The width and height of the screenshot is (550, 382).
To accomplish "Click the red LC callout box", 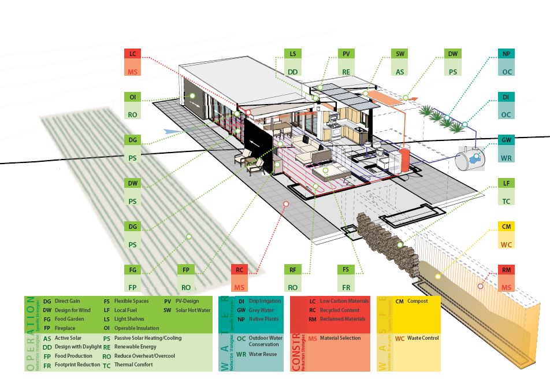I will click(132, 54).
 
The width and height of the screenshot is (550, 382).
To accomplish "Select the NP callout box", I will click(507, 54).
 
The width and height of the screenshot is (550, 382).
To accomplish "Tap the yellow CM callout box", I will click(506, 227).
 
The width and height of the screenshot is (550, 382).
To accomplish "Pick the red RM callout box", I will click(506, 270).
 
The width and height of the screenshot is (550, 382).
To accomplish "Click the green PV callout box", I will click(346, 54).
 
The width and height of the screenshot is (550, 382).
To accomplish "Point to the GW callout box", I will click(507, 140).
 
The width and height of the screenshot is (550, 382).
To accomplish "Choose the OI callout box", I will click(132, 97).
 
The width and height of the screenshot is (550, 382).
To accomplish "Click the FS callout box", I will click(346, 270).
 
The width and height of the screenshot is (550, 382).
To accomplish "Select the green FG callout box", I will click(132, 270).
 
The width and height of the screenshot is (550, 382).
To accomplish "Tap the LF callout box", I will click(507, 184).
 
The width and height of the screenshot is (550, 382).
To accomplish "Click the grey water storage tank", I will click(470, 158).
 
